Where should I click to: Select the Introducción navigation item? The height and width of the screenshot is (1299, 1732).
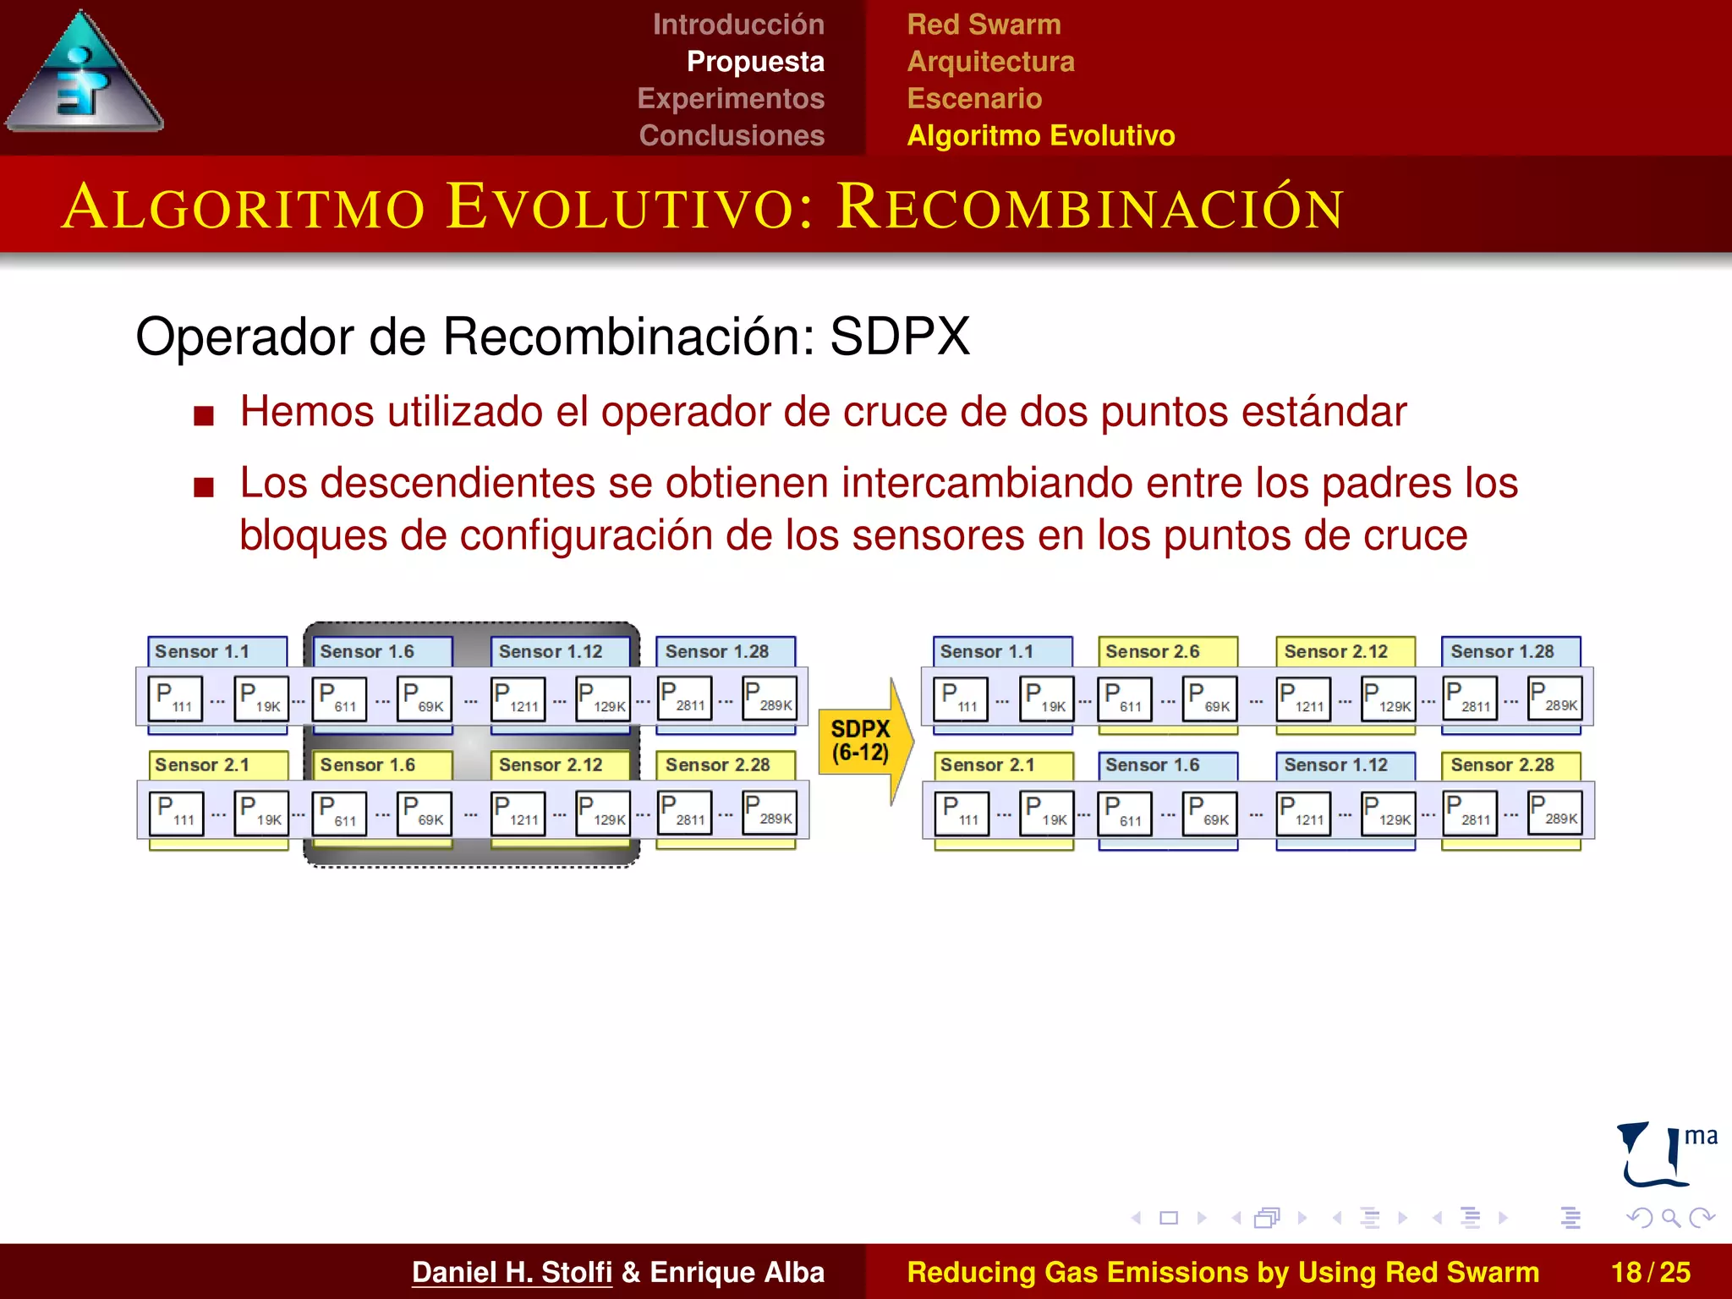tap(737, 25)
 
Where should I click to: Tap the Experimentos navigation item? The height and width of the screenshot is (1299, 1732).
tap(730, 98)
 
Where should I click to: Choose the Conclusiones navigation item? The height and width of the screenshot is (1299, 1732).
tap(731, 135)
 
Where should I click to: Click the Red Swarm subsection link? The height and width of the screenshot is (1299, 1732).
tap(984, 25)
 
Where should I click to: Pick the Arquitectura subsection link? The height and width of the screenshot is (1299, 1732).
tap(990, 62)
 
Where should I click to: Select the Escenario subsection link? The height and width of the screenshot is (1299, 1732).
tap(974, 98)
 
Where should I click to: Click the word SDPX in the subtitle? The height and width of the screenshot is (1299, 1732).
tap(899, 337)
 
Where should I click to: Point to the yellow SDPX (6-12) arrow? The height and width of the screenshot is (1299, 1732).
tap(863, 741)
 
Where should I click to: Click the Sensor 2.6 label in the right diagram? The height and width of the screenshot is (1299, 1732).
tap(1152, 651)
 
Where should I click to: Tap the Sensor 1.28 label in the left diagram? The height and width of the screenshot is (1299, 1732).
tap(716, 651)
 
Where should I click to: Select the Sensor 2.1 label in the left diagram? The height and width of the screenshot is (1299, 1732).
tap(202, 765)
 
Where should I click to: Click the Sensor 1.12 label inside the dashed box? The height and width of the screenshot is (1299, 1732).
tap(550, 651)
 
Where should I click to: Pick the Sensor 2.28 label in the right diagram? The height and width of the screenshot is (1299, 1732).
tap(1502, 765)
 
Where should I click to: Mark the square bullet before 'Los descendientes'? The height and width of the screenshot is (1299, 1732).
tap(203, 487)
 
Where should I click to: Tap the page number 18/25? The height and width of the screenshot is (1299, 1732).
tap(1650, 1272)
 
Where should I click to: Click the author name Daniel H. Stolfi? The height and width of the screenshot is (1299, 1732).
tap(512, 1272)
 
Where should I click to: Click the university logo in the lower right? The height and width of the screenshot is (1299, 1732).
tap(1663, 1155)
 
